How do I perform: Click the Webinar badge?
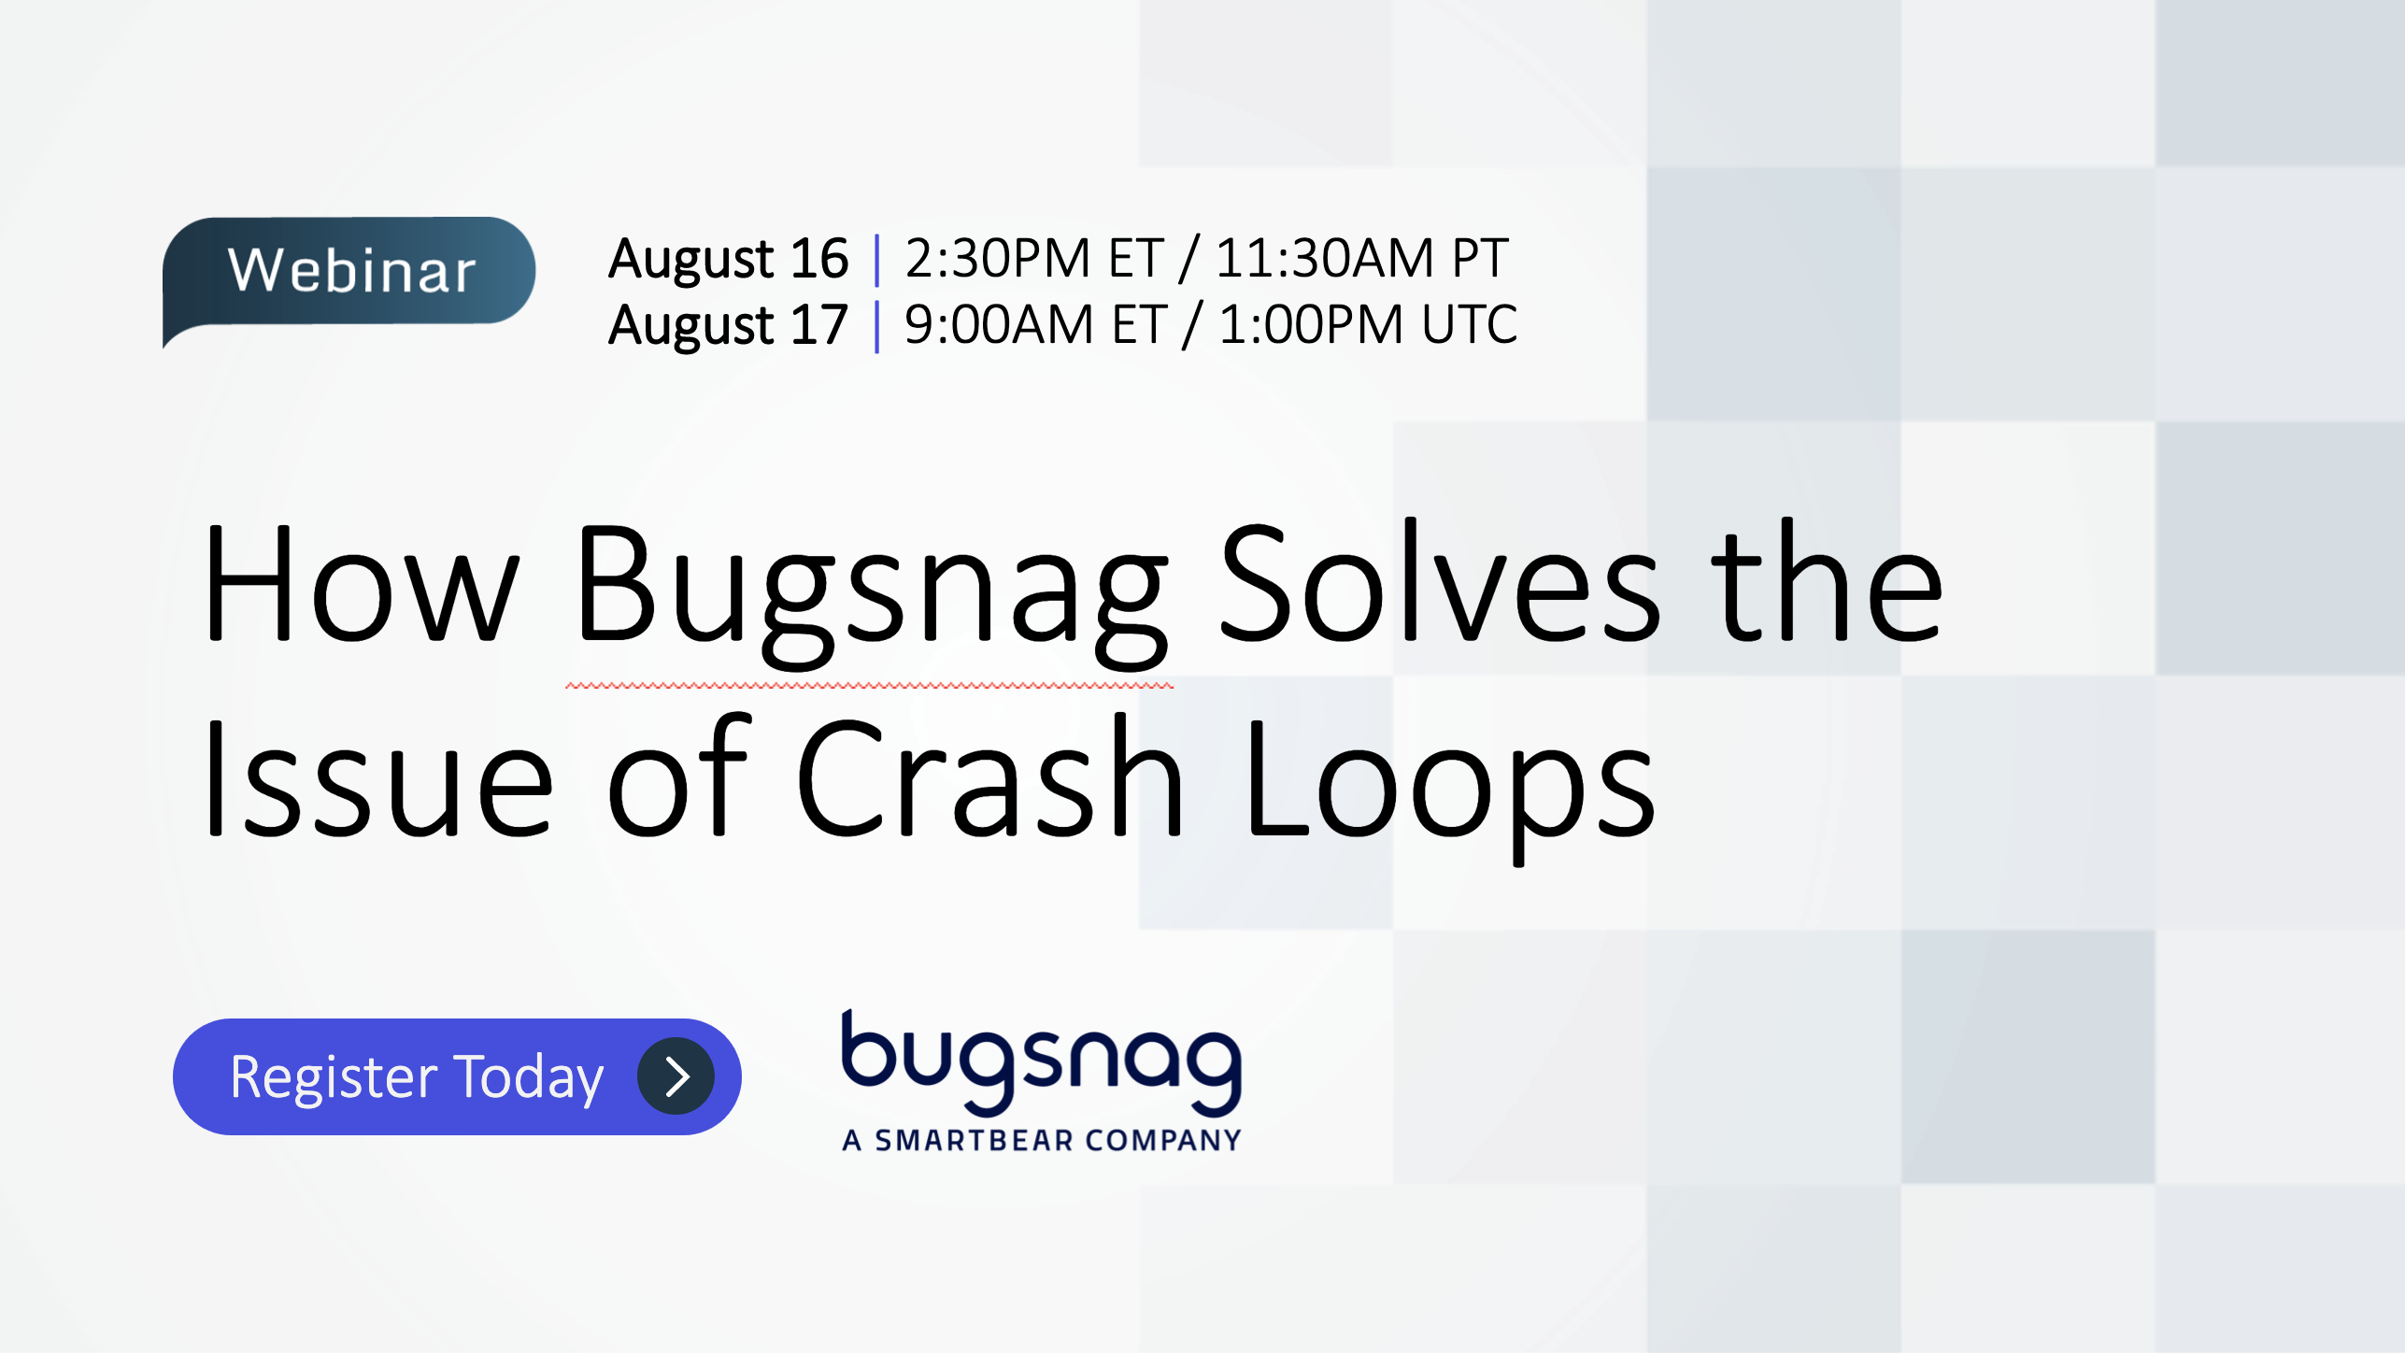coord(349,271)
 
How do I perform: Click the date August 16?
coord(728,259)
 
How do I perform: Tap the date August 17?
coord(728,325)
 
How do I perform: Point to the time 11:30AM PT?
coord(1361,259)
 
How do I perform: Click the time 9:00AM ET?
coord(1035,325)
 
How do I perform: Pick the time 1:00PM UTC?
coord(1368,325)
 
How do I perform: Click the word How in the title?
coord(360,585)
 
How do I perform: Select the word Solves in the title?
coord(1440,585)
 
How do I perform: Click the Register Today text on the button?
coord(417,1077)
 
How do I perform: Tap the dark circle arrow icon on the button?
coord(676,1076)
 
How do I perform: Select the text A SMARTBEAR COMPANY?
coord(1042,1140)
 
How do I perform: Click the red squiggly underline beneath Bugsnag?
coord(869,686)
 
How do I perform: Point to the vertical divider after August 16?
coord(876,260)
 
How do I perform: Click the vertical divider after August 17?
coord(876,326)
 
